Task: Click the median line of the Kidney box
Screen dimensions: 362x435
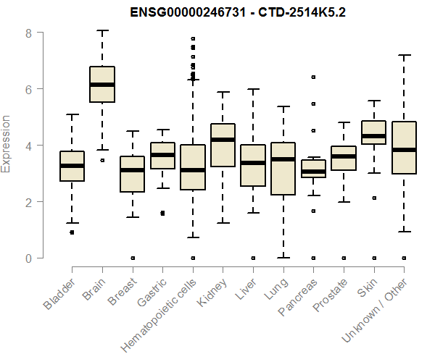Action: pyautogui.click(x=223, y=140)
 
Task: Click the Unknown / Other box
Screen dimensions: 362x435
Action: pyautogui.click(x=404, y=148)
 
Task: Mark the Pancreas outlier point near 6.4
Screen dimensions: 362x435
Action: pyautogui.click(x=313, y=77)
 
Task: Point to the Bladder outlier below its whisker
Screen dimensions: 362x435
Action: pyautogui.click(x=72, y=232)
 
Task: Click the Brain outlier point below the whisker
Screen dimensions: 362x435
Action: pyautogui.click(x=102, y=160)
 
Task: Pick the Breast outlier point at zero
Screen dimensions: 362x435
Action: pyautogui.click(x=132, y=258)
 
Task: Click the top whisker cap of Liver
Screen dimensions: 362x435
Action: pyautogui.click(x=253, y=89)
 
